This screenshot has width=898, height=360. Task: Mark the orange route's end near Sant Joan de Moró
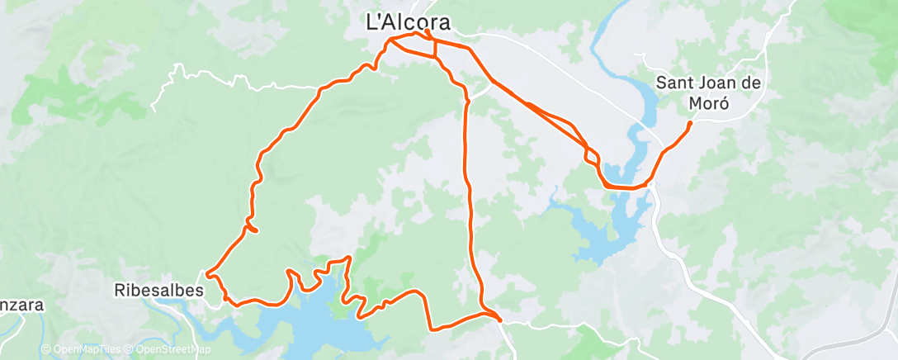pos(690,123)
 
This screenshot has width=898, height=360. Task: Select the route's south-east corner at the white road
pos(499,318)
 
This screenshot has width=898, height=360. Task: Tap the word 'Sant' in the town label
pos(673,83)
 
